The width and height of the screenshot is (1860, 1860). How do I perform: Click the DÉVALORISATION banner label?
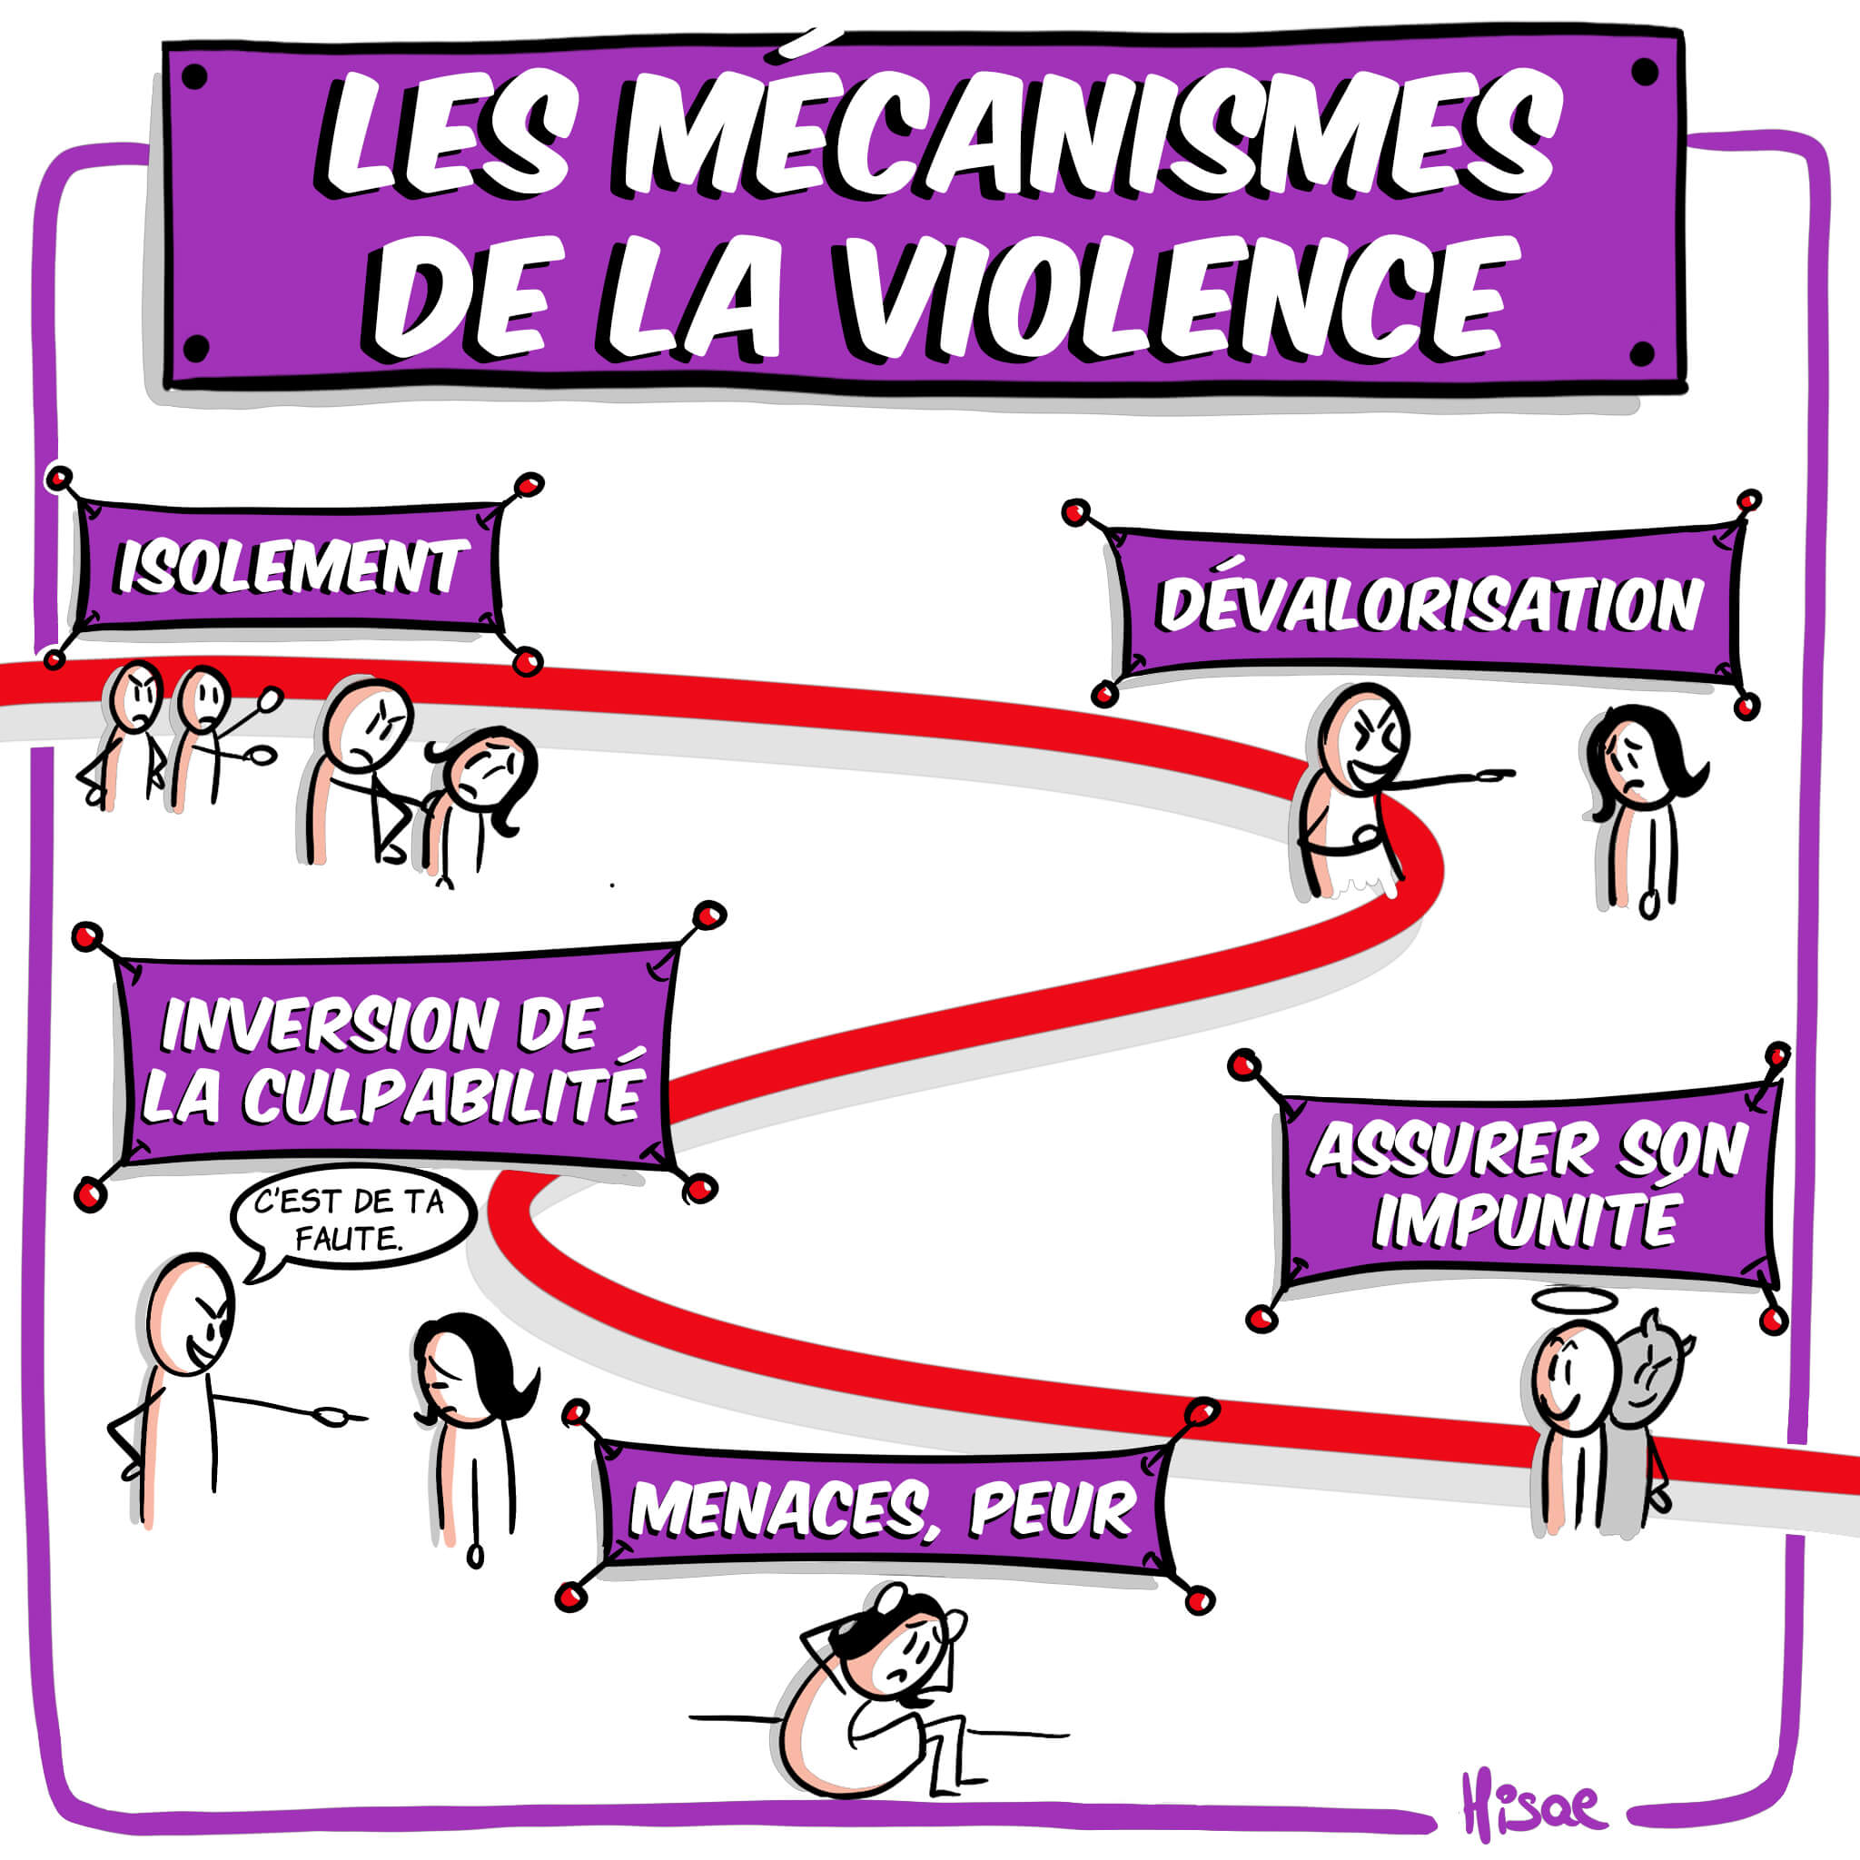pos(1430,606)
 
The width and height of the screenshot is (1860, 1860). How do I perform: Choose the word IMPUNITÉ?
pos(1526,1221)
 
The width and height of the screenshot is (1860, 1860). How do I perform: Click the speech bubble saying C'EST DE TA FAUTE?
pos(351,1219)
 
